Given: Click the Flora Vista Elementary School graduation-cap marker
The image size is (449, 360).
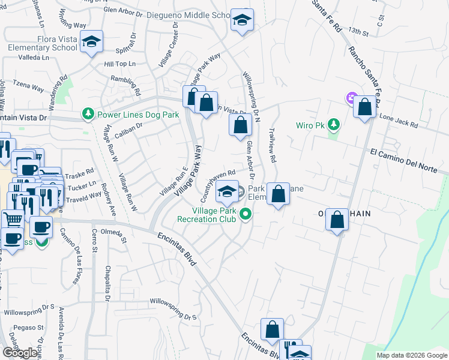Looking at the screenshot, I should pyautogui.click(x=91, y=42).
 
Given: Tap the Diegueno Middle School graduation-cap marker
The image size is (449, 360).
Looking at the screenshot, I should pyautogui.click(x=242, y=20).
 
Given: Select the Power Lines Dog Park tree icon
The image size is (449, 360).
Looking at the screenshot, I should pyautogui.click(x=88, y=114).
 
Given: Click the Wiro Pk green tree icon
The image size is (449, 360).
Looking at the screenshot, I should pyautogui.click(x=334, y=125).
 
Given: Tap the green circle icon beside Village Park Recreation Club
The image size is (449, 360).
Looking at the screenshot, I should pyautogui.click(x=245, y=214).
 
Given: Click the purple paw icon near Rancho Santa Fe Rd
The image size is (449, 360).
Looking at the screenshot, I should pyautogui.click(x=351, y=98).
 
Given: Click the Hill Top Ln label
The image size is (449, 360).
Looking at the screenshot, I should pyautogui.click(x=120, y=64).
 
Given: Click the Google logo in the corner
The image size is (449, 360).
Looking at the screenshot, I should pyautogui.click(x=20, y=352).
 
